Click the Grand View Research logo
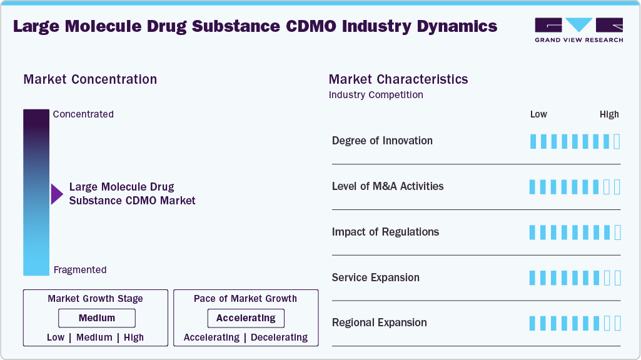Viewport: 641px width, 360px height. [578, 29]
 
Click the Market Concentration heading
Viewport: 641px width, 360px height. [90, 79]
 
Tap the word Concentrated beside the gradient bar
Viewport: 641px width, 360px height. [83, 114]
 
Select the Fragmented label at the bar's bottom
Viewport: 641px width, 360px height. [80, 270]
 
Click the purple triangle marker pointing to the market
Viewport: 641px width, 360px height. [56, 194]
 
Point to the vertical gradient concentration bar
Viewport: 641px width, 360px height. [36, 192]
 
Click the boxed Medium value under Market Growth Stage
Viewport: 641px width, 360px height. [96, 318]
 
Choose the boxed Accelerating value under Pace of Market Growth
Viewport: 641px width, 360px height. [246, 318]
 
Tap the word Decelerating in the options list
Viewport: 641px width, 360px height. [279, 337]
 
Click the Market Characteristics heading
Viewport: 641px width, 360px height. [398, 79]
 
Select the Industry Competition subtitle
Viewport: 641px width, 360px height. [376, 95]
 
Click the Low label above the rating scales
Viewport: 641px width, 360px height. [538, 114]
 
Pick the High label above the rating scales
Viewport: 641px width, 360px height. [609, 114]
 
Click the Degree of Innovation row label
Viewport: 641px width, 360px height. [382, 141]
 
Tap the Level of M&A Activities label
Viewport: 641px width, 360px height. [388, 186]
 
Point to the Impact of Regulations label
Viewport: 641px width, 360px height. [385, 232]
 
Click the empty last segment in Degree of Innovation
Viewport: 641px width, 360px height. [617, 141]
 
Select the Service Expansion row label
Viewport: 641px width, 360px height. [375, 277]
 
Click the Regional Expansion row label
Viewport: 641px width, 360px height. [379, 322]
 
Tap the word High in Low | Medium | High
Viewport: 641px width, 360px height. [134, 337]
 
